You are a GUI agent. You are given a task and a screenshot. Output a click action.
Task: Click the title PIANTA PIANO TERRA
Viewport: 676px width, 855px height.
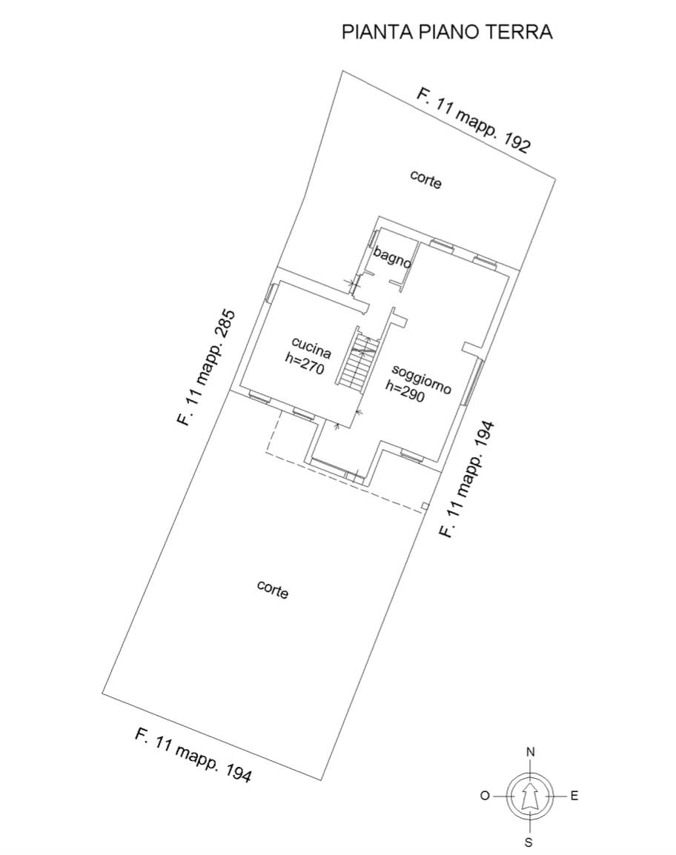[x=447, y=32]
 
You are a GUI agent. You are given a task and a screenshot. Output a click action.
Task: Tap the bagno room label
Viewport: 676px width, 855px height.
[x=392, y=258]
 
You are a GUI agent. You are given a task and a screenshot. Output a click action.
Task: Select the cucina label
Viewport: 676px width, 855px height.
[x=311, y=346]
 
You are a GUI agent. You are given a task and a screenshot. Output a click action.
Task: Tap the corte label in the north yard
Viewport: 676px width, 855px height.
[x=425, y=179]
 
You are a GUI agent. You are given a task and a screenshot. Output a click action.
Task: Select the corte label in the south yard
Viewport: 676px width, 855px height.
[x=272, y=589]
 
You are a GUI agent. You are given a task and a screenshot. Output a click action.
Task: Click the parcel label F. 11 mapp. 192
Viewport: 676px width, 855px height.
[x=474, y=120]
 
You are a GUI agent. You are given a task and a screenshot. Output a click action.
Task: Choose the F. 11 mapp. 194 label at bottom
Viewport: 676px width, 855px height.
[x=193, y=755]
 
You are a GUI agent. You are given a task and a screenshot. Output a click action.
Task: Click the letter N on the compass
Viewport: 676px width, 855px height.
[x=530, y=752]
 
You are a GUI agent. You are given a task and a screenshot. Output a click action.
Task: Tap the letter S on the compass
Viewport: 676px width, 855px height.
[x=528, y=842]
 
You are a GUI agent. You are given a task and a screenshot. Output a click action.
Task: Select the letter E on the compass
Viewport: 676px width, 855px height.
[x=574, y=796]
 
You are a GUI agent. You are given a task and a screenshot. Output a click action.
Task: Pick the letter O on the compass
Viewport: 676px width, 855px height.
[x=485, y=796]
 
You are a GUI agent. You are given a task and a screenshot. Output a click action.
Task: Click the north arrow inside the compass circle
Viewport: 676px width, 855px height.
[x=528, y=796]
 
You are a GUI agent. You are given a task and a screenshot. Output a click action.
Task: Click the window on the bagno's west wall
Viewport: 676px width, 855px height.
[x=374, y=238]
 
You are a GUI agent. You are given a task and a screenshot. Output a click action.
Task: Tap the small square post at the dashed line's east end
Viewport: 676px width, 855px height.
[x=425, y=507]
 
